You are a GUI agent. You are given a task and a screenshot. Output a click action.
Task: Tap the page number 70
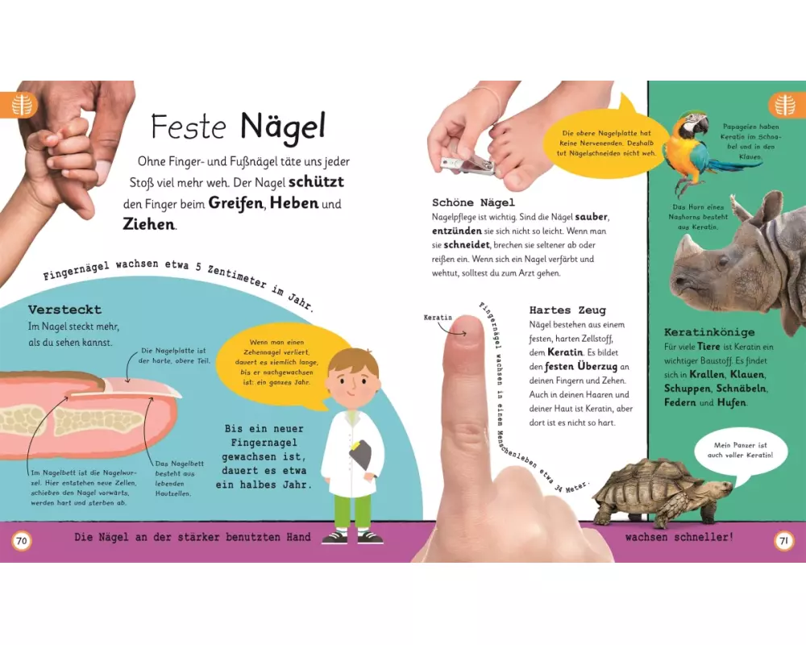tap(21, 540)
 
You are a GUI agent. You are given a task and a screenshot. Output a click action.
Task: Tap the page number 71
tap(784, 540)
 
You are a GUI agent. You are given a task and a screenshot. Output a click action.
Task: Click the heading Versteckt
tap(64, 310)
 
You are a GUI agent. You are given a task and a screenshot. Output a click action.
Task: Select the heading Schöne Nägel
tap(473, 202)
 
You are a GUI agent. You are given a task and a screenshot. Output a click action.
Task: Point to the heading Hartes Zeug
tap(567, 310)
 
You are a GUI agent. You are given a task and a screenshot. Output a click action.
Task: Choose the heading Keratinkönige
tap(709, 332)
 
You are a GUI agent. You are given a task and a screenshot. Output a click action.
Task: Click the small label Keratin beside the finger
tap(438, 318)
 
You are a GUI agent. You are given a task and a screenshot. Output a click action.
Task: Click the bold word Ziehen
tap(148, 224)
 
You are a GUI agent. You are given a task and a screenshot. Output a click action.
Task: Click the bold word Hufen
tap(731, 403)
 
